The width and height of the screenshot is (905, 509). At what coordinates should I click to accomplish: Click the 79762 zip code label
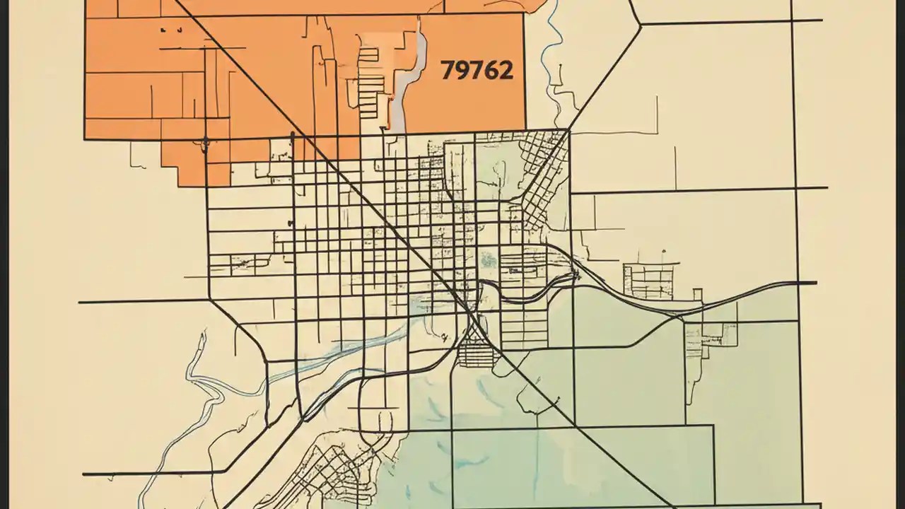pyautogui.click(x=477, y=70)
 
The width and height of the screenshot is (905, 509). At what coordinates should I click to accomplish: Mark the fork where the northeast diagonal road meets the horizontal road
pyautogui.click(x=641, y=23)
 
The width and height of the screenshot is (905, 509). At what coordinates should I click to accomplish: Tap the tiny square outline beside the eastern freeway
pyautogui.click(x=698, y=293)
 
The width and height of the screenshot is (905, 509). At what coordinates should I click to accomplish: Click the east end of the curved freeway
pyautogui.click(x=813, y=283)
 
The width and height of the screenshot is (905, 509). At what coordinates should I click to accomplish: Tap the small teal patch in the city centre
pyautogui.click(x=486, y=260)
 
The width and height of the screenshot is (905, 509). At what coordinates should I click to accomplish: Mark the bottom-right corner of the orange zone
pyautogui.click(x=526, y=130)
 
